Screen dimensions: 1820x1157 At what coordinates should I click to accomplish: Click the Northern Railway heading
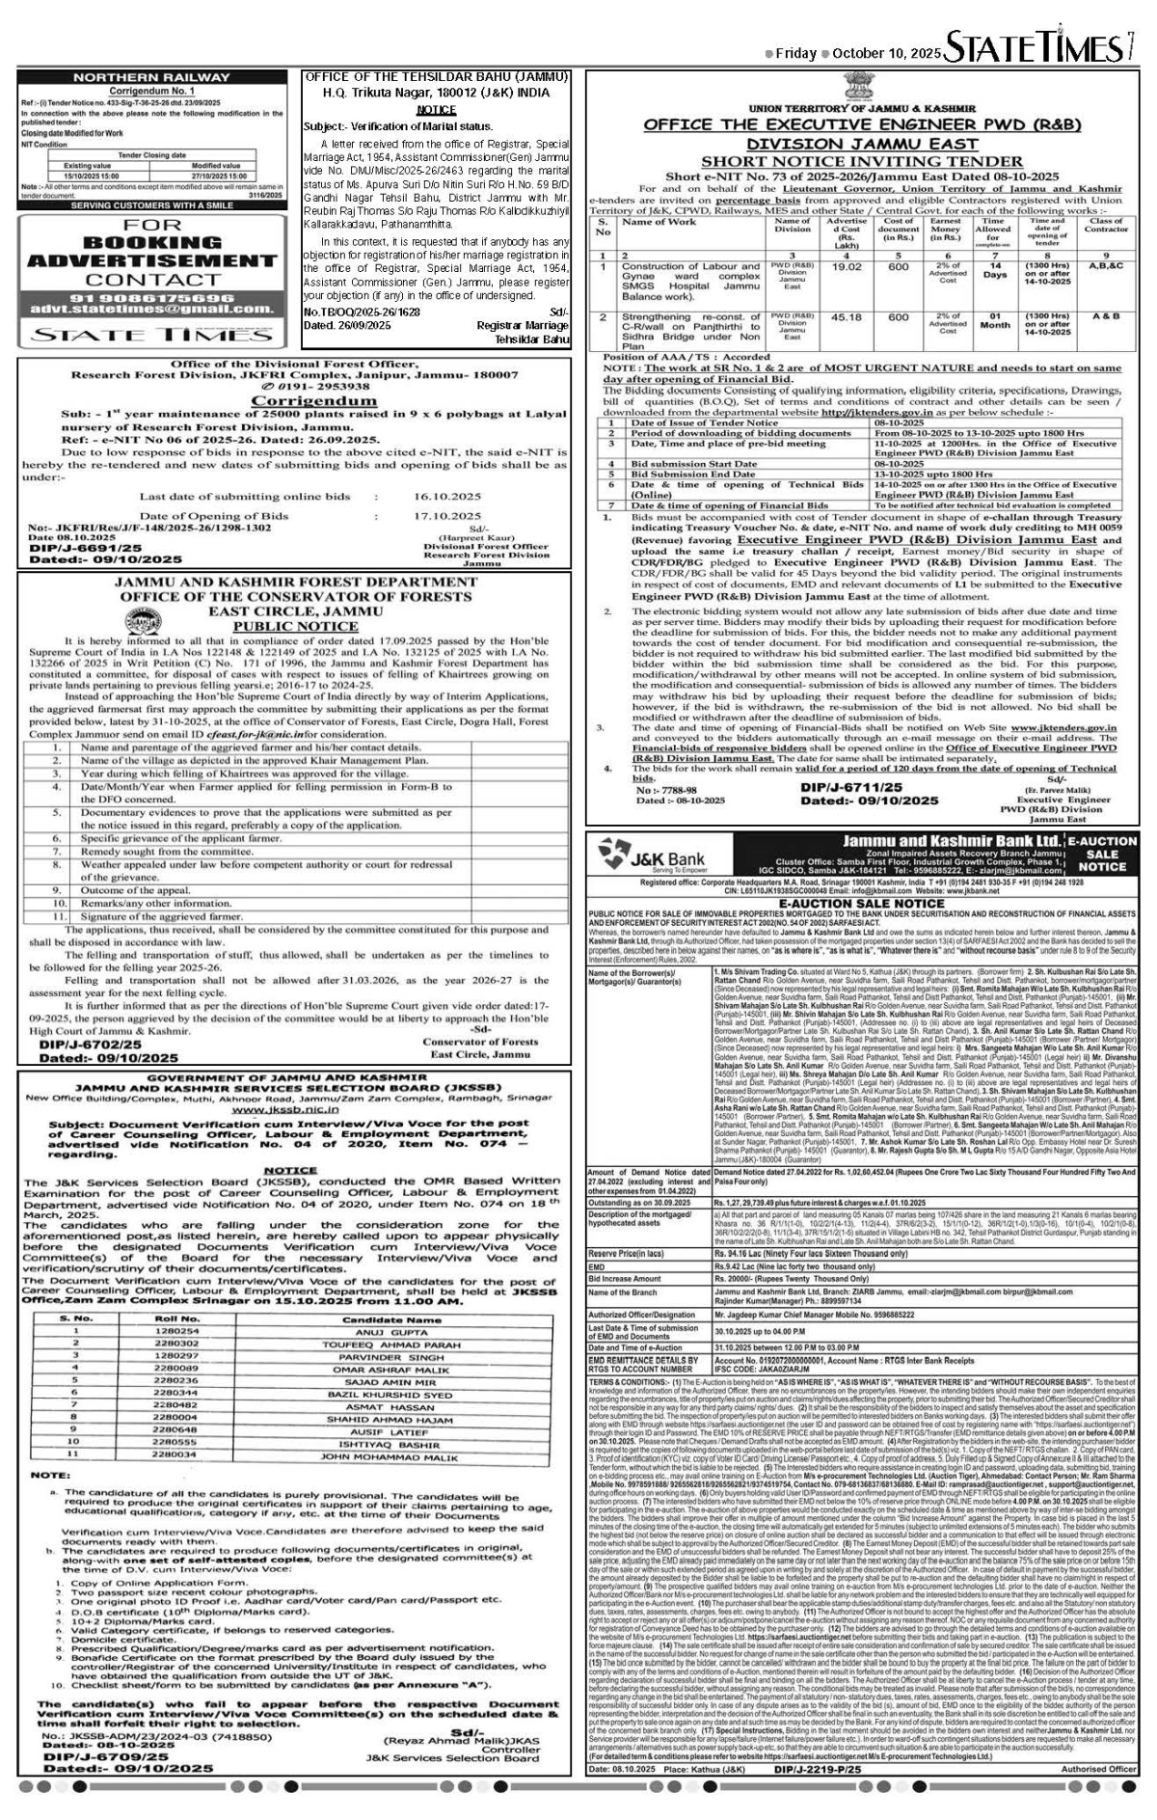click(x=149, y=76)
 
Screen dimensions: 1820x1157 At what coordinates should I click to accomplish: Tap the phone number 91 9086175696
click(x=149, y=297)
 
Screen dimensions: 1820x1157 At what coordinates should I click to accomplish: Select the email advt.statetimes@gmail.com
click(x=149, y=309)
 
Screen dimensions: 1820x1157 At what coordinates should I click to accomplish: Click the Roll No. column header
click(x=177, y=1318)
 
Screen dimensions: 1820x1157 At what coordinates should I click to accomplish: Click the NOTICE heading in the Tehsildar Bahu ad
click(x=436, y=110)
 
